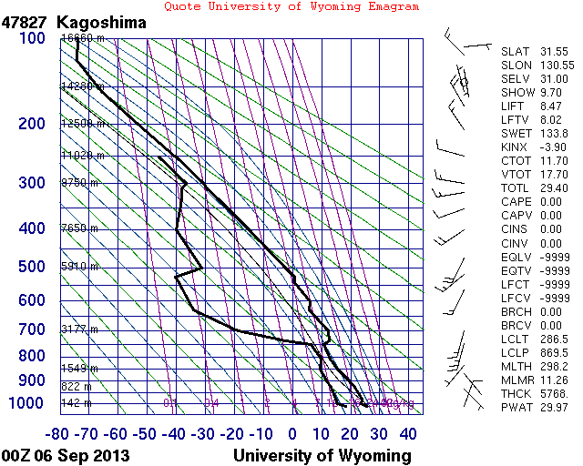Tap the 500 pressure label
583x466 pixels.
tap(31, 267)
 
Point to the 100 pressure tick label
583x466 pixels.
tap(31, 38)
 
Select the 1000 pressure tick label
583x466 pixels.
tap(26, 403)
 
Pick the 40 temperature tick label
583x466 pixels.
tap(408, 434)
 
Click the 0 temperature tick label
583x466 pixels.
tap(292, 434)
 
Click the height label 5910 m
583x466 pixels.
tap(77, 267)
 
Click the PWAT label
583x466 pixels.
tap(516, 407)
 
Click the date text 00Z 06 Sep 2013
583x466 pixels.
tap(66, 455)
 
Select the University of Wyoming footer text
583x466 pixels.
tap(322, 455)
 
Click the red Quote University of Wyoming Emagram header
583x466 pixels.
tap(291, 6)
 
